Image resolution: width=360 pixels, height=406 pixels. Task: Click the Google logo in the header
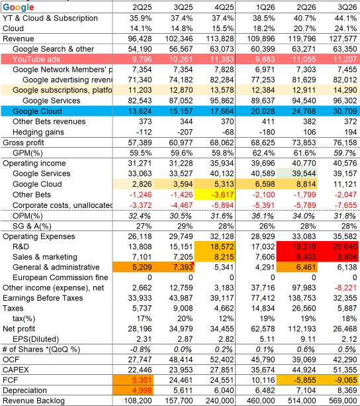[19, 7]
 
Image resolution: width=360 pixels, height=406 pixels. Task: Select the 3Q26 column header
[347, 7]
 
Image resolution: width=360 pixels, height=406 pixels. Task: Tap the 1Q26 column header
[265, 7]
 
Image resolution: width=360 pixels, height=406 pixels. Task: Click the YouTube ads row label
[36, 60]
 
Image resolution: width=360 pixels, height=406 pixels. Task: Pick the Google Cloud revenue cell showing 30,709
[345, 111]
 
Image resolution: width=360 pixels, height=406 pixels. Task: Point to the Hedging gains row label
[38, 132]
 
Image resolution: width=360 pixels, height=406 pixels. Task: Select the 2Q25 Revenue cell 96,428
[140, 39]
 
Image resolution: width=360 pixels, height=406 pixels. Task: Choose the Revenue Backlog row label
[34, 401]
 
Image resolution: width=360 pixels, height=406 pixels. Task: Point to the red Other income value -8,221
[346, 287]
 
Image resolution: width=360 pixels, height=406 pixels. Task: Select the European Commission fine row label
[60, 278]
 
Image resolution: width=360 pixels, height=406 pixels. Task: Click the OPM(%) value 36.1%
[263, 216]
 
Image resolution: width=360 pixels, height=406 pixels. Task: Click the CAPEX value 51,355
[345, 370]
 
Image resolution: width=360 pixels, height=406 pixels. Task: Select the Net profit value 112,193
[302, 329]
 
